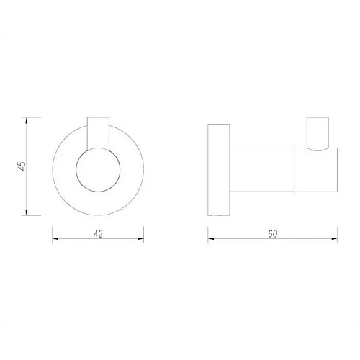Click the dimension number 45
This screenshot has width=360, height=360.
click(x=22, y=165)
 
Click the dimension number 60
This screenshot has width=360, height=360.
click(x=272, y=233)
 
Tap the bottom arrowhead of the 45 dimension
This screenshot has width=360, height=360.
click(x=27, y=212)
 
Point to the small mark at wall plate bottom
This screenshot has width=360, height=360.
click(x=216, y=214)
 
